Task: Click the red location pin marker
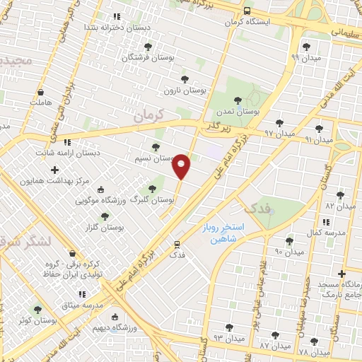click(182, 166)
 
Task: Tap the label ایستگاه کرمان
click(248, 23)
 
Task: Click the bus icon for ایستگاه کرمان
click(247, 11)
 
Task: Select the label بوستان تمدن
click(237, 112)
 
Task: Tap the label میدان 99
click(306, 57)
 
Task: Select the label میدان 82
click(339, 205)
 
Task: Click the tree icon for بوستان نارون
click(185, 78)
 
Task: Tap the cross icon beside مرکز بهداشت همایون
click(55, 170)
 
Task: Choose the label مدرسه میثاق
click(83, 305)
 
